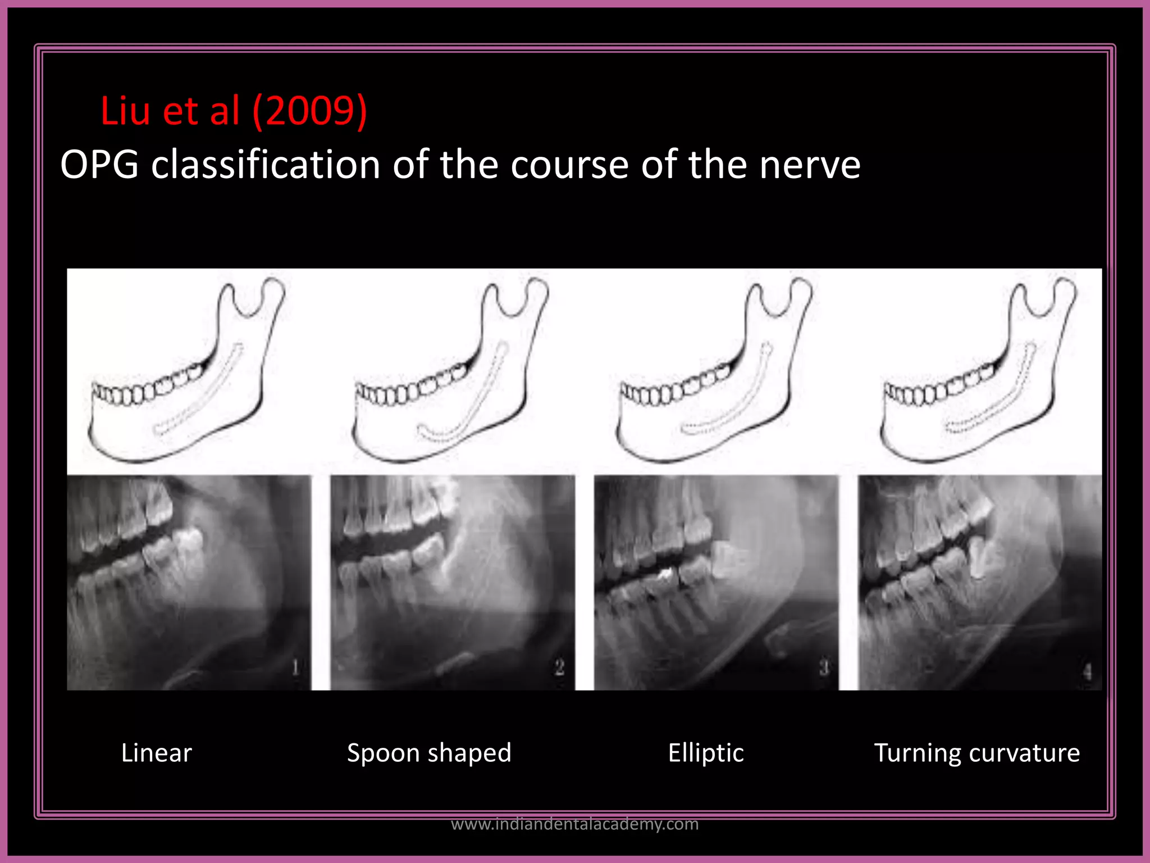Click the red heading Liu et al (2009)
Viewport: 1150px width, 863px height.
(234, 111)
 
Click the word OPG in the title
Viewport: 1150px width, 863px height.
(99, 165)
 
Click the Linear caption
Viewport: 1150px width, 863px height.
(157, 753)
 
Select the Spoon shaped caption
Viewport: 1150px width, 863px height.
(429, 753)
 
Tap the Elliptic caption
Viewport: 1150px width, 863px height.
(706, 753)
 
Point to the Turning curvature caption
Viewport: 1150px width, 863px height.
(977, 753)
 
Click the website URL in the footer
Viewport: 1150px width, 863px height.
(574, 824)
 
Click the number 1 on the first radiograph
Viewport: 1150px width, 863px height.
(296, 667)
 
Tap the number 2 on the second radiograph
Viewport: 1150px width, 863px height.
(559, 667)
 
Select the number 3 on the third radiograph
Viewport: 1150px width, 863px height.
(824, 668)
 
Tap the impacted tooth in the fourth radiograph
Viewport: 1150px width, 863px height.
(980, 556)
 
